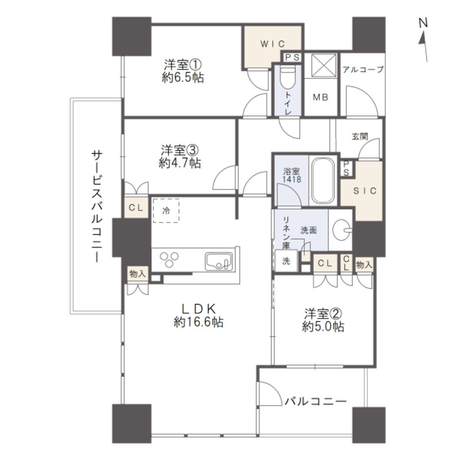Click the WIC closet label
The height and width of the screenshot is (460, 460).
point(272,44)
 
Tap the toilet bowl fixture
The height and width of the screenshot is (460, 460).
point(288,77)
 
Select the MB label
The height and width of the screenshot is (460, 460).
point(320,97)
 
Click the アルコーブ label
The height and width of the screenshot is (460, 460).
point(363,70)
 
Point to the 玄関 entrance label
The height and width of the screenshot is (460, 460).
point(360,137)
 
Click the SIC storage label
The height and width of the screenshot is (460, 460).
point(364,191)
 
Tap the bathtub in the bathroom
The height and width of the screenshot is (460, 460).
point(323,181)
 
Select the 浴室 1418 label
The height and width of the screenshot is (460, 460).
point(291,175)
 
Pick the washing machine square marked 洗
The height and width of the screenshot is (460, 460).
point(286,261)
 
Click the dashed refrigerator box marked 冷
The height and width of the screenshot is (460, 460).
point(166,211)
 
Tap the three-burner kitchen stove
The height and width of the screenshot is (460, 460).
point(169,259)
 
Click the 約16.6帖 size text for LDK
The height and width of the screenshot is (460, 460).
point(199,322)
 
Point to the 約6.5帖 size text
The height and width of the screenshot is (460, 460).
point(183,77)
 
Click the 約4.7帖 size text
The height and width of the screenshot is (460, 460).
point(179,163)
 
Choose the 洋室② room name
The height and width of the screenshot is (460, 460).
point(323,314)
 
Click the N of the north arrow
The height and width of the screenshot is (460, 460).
point(423,23)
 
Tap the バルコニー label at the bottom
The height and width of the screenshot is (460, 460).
point(316,401)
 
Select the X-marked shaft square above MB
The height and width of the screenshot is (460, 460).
point(322,65)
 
